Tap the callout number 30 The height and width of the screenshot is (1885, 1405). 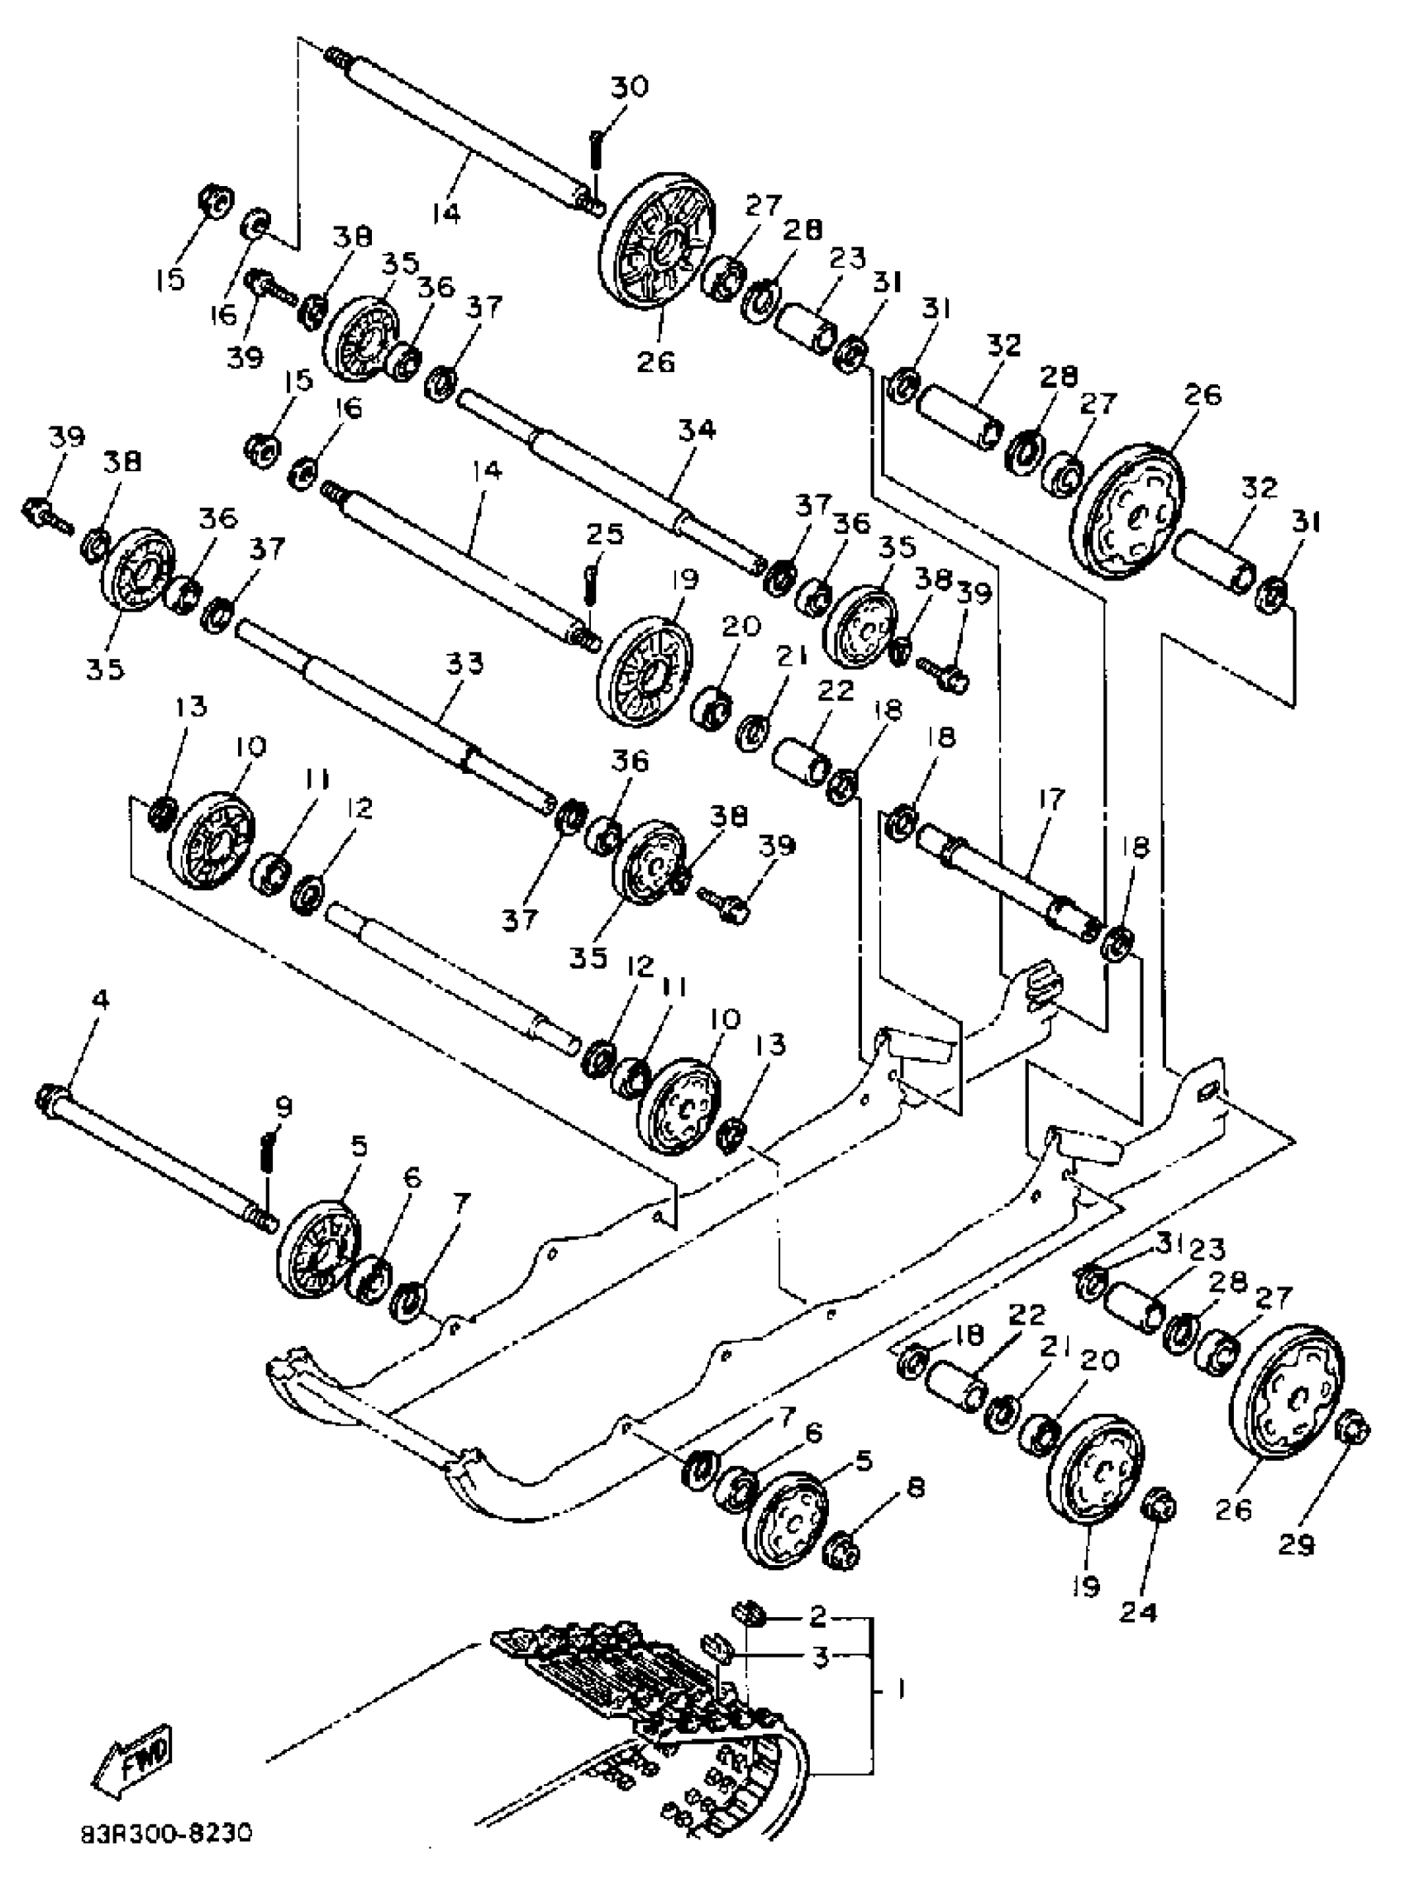[630, 87]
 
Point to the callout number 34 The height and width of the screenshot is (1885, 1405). [697, 431]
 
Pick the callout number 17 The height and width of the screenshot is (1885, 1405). [1051, 799]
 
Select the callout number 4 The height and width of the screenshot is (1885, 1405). [99, 1000]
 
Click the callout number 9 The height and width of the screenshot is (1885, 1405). [283, 1107]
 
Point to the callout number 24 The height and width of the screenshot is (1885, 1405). [1140, 1611]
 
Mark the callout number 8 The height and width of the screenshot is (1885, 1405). [916, 1488]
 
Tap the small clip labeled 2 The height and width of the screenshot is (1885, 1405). [748, 1611]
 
